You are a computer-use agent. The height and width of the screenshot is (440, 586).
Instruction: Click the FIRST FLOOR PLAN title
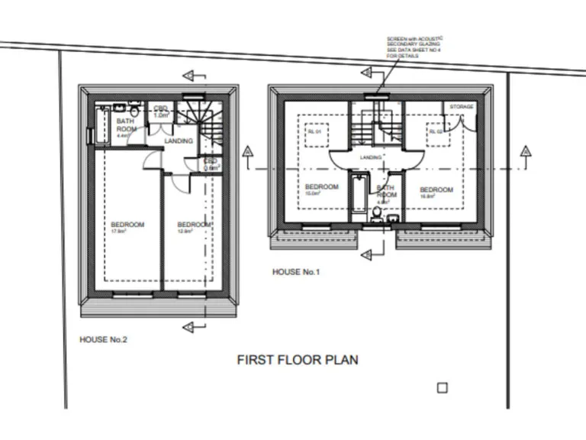point(297,360)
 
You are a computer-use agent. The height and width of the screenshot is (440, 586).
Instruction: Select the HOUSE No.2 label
point(103,339)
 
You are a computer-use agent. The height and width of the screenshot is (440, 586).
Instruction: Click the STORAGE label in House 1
point(462,107)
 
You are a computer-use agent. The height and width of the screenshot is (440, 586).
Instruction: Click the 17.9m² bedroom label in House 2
point(127,227)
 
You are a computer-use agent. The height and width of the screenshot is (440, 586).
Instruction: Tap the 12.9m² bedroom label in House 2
point(194,227)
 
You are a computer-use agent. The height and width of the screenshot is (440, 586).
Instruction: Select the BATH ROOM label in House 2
point(126,125)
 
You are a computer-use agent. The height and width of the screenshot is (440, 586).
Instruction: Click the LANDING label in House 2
point(179,141)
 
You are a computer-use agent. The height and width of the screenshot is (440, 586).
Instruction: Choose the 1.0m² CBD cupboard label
point(161,112)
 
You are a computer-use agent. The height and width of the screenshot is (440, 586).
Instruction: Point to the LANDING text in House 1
point(371,157)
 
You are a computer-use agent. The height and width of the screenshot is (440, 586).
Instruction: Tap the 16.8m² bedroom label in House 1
point(436,192)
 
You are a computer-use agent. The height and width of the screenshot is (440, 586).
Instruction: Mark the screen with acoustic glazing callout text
point(414,47)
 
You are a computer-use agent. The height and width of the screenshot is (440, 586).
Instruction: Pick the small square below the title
point(441,388)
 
